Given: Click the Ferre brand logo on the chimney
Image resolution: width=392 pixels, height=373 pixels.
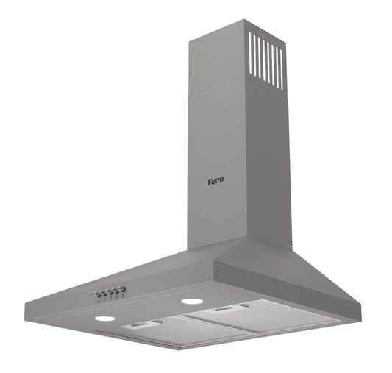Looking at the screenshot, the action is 215,181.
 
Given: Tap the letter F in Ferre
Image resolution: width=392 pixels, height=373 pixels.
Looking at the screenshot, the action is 210,182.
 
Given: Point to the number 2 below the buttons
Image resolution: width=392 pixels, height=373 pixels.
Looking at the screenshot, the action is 111,298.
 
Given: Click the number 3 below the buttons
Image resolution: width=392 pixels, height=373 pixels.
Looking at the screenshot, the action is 117,297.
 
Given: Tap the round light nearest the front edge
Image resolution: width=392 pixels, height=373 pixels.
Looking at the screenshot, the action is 105,319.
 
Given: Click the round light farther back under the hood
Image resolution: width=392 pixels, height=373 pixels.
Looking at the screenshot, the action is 192,301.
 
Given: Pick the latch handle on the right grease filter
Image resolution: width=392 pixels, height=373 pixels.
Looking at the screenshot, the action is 225,310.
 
